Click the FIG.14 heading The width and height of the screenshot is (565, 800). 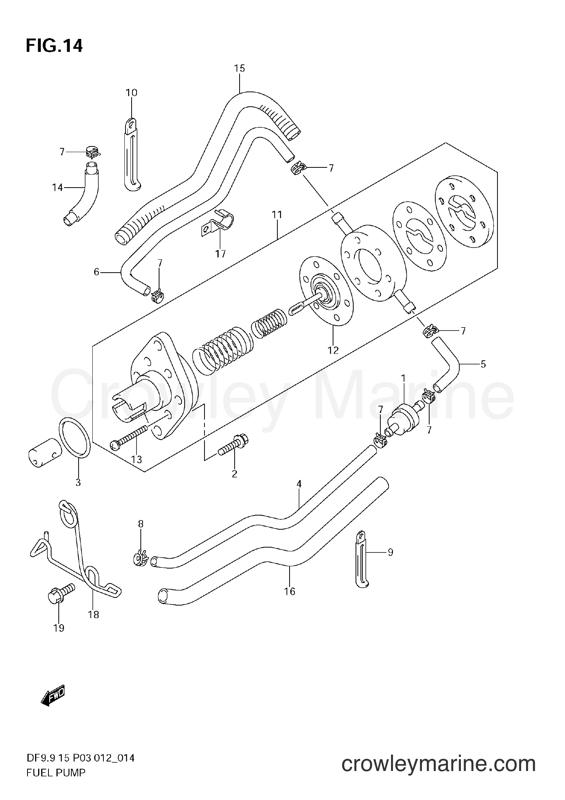tap(54, 46)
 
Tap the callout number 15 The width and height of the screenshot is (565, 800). tap(239, 69)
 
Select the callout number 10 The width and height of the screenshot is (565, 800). tap(131, 93)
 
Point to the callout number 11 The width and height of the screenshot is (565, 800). tap(277, 215)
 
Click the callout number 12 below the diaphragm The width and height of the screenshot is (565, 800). tap(333, 350)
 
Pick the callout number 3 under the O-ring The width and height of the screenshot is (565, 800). tap(78, 482)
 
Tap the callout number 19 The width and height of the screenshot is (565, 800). tap(59, 628)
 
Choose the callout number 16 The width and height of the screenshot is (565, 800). tap(290, 591)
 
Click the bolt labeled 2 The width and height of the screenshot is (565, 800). tap(233, 445)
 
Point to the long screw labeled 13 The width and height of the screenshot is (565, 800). tap(129, 437)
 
